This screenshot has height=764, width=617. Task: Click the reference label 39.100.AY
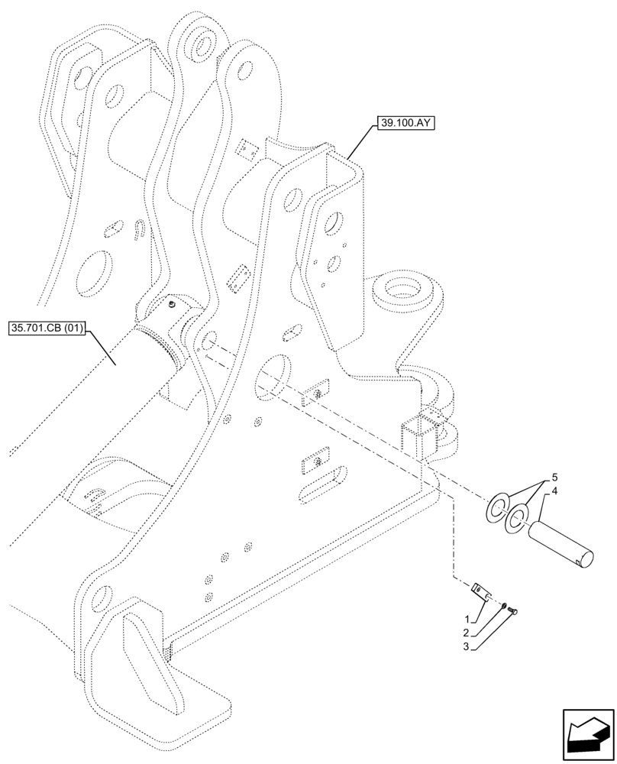[404, 122]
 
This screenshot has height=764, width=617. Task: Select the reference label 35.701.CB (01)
[47, 329]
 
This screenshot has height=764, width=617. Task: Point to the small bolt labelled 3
[513, 610]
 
